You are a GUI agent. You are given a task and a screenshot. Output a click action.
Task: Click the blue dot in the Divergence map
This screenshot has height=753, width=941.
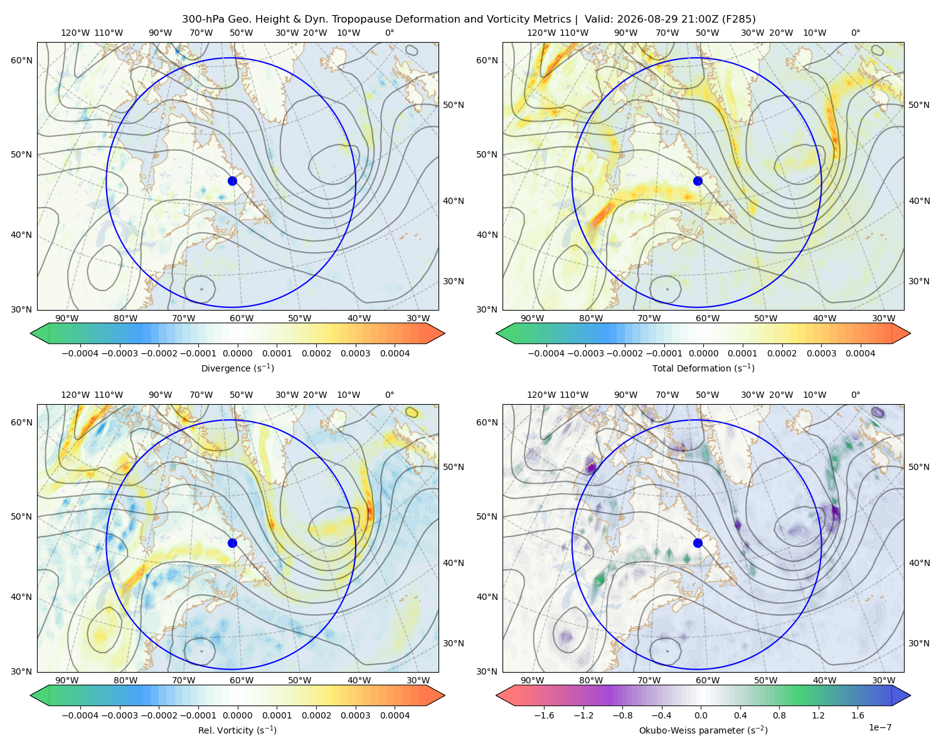232,181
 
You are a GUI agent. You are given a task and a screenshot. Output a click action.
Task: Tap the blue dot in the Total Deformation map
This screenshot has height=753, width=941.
698,181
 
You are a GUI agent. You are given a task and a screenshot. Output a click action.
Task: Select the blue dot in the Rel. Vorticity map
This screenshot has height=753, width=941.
232,543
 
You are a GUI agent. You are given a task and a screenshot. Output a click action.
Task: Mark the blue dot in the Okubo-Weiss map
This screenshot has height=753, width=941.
698,543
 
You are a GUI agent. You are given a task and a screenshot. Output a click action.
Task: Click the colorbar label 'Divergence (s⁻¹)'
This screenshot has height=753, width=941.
237,368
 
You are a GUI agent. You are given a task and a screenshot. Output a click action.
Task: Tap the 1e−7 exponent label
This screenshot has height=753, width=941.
880,727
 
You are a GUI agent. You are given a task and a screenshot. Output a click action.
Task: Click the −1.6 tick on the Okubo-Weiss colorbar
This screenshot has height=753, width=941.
544,715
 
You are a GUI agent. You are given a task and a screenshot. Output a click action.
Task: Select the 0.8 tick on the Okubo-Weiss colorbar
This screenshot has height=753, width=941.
779,715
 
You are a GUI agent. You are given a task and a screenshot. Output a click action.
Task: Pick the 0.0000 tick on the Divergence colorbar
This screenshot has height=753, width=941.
237,353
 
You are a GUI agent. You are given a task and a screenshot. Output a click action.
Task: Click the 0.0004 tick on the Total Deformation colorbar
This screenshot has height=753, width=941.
860,353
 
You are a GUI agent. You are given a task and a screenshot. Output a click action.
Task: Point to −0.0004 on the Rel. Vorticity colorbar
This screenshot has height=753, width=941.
80,715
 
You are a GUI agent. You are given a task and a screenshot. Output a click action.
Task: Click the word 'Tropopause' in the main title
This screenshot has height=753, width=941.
388,19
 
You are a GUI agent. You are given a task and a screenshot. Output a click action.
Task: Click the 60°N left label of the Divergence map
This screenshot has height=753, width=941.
21,60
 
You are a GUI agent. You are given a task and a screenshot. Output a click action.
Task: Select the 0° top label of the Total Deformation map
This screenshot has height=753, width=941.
855,33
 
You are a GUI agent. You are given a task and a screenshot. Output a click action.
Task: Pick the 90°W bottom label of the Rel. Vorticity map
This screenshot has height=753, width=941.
67,680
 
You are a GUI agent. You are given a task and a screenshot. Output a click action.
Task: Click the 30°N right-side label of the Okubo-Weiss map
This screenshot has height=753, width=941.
919,643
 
